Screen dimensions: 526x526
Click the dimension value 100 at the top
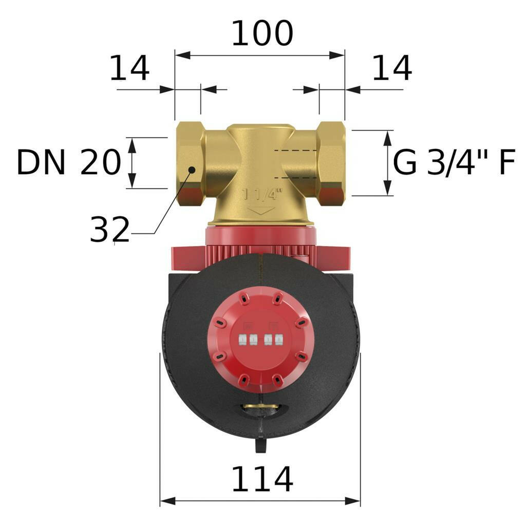(x=262, y=34)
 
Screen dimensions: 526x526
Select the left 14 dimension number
(x=129, y=68)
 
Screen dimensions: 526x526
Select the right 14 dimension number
(x=391, y=68)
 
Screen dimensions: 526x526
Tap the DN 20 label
(x=68, y=163)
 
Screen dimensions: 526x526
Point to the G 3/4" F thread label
(x=454, y=163)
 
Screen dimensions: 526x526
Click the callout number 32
(x=109, y=230)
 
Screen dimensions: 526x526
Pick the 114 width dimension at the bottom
(x=262, y=480)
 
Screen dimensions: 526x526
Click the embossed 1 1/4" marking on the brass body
(x=262, y=194)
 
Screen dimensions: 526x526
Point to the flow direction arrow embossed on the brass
(x=260, y=211)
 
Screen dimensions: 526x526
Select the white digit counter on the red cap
(x=259, y=339)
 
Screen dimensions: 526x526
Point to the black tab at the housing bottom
(x=260, y=445)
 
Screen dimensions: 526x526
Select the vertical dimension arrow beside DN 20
(x=133, y=163)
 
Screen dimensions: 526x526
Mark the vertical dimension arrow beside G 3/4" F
(x=388, y=163)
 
